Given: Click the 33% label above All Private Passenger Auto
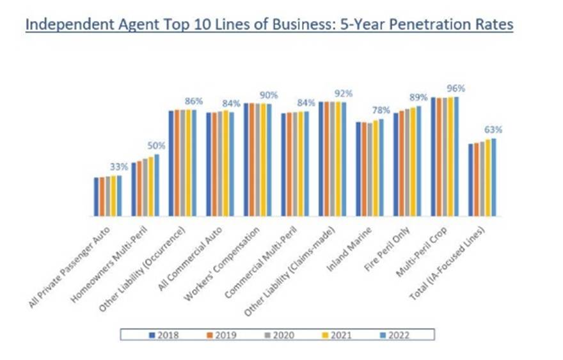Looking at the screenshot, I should pos(120,166).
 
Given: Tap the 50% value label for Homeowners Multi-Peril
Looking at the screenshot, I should pos(157,146).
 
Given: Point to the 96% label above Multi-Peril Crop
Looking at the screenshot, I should pos(457,88).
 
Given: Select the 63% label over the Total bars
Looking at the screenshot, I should pos(494,130).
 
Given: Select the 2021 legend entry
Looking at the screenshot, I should pos(338,334).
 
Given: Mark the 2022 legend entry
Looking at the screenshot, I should pos(396,334).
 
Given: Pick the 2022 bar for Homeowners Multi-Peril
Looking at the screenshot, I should pos(157,185).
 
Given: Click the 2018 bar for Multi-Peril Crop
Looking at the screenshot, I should pos(433,157).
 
